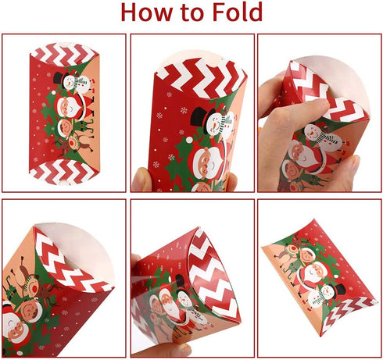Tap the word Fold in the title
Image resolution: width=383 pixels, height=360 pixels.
pos(232,12)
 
